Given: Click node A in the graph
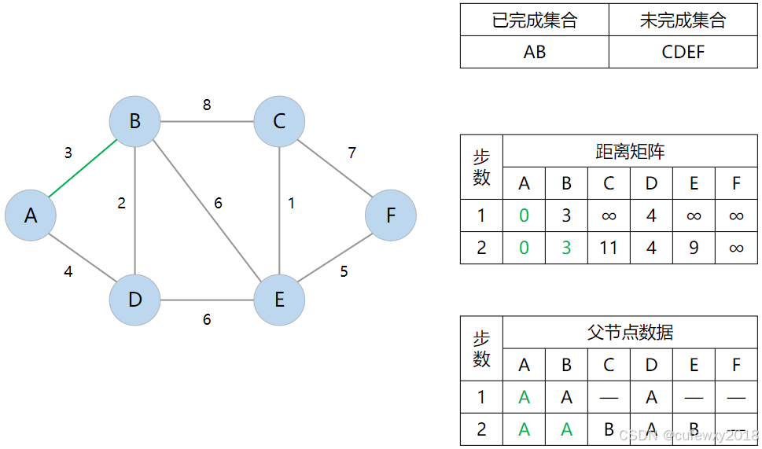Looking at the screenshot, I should pyautogui.click(x=31, y=215).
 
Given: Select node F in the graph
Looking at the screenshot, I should pyautogui.click(x=390, y=215).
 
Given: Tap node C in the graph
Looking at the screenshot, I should pyautogui.click(x=279, y=122).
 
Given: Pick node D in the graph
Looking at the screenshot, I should pyautogui.click(x=135, y=300).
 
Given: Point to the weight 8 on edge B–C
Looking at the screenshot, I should pyautogui.click(x=207, y=105).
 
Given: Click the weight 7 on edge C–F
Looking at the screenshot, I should pyautogui.click(x=352, y=153).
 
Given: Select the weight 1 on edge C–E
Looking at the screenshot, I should pyautogui.click(x=291, y=204).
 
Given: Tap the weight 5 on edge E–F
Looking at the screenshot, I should pyautogui.click(x=344, y=272).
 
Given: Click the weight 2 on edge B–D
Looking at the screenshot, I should pyautogui.click(x=121, y=204).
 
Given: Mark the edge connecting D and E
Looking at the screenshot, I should pyautogui.click(x=207, y=300).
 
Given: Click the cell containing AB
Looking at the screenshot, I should pyautogui.click(x=534, y=52).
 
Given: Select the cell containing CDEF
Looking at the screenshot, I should pyautogui.click(x=683, y=52).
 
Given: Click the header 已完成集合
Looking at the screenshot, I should pyautogui.click(x=534, y=20).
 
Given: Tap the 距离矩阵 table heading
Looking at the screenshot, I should pyautogui.click(x=630, y=151).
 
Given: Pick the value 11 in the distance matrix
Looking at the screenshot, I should pyautogui.click(x=608, y=248).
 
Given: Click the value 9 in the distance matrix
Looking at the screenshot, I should pyautogui.click(x=694, y=248).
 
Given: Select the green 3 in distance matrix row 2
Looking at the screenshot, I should pyautogui.click(x=566, y=248).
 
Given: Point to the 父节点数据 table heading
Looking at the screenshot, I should pyautogui.click(x=630, y=332).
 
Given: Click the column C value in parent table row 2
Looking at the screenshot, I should pyautogui.click(x=608, y=429).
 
